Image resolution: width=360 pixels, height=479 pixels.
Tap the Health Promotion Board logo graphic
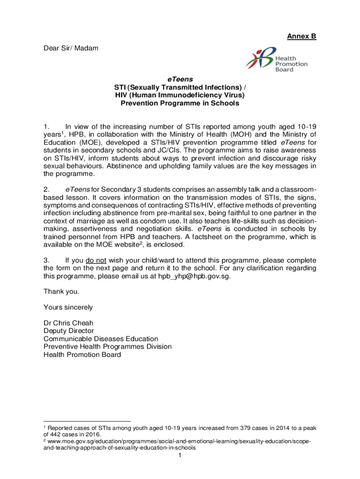[x=259, y=60]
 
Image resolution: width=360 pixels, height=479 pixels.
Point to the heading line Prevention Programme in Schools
[x=180, y=103]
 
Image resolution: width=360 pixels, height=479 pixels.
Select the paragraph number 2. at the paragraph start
[x=47, y=189]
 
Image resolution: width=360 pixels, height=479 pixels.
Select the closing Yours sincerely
[x=68, y=307]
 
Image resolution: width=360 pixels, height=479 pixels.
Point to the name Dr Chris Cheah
[x=68, y=323]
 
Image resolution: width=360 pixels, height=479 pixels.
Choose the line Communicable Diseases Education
[x=101, y=339]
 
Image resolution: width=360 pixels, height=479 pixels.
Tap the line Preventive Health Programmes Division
[x=108, y=347]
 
